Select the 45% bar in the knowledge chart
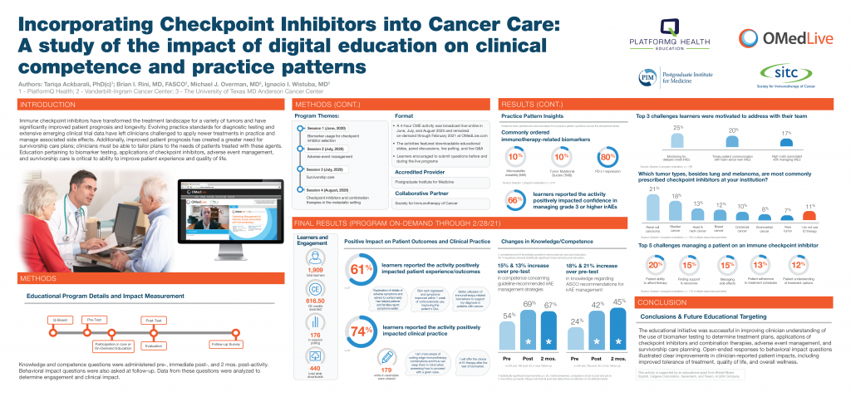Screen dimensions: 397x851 coord(617,327)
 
